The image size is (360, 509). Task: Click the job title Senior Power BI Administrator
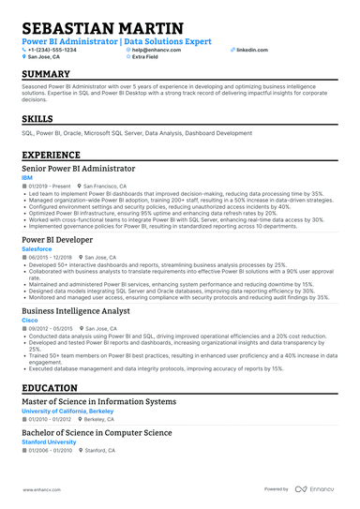[78, 170]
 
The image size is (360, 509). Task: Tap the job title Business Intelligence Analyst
[77, 309]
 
